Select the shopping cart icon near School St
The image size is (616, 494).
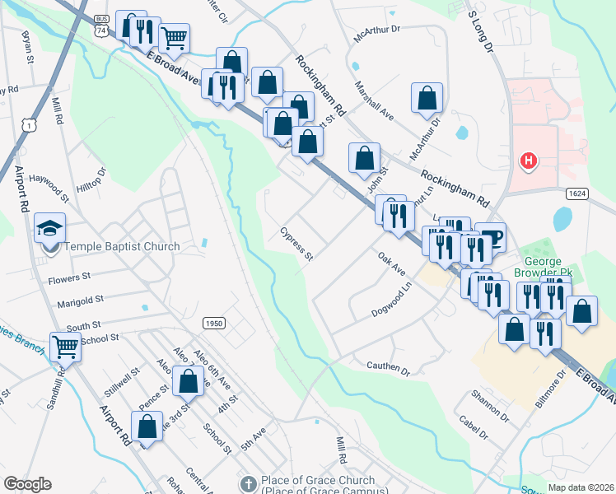pos(65,346)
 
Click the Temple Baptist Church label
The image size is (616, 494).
pos(122,246)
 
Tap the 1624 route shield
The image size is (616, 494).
pos(576,193)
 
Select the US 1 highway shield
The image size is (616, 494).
pos(30,125)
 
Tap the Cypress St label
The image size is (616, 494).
pos(296,245)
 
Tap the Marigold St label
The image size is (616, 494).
pos(80,302)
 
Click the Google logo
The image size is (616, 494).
pos(27,484)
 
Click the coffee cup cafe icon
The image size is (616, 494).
pos(491,237)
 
